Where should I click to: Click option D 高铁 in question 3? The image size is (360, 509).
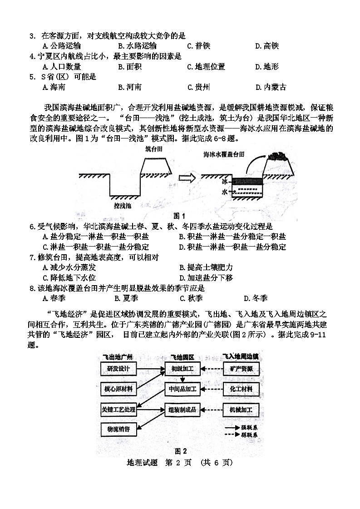(x=266, y=46)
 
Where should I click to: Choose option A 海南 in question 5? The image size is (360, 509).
(x=54, y=88)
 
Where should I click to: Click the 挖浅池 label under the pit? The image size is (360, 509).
(x=122, y=206)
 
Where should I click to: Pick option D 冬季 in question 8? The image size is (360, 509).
(x=256, y=298)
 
